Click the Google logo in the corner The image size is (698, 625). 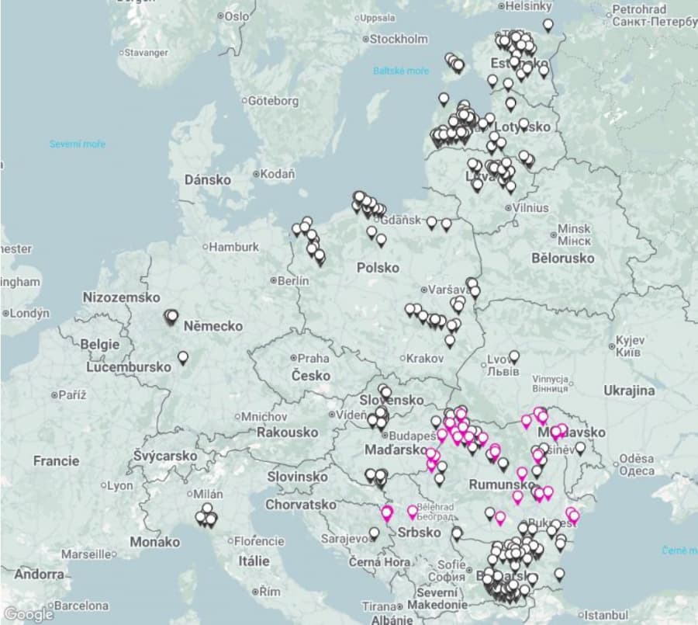pos(28,614)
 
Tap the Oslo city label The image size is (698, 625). pos(237,16)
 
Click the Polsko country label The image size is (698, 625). pos(378,268)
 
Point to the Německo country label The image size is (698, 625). pos(213,327)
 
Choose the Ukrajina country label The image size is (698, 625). pos(629,391)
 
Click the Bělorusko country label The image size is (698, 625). pos(563,258)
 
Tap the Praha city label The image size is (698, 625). pos(313,359)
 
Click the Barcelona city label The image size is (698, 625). pos(80,606)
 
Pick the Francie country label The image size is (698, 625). pos(56,460)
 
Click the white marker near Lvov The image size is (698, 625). pos(513,357)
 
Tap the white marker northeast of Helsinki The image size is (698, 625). pos(548,25)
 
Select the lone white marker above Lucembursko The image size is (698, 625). pos(183,358)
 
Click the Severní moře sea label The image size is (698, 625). pos(78,144)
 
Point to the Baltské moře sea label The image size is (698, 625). pos(400,71)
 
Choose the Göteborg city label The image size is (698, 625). pos(273,101)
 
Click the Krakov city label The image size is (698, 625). pos(426,359)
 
